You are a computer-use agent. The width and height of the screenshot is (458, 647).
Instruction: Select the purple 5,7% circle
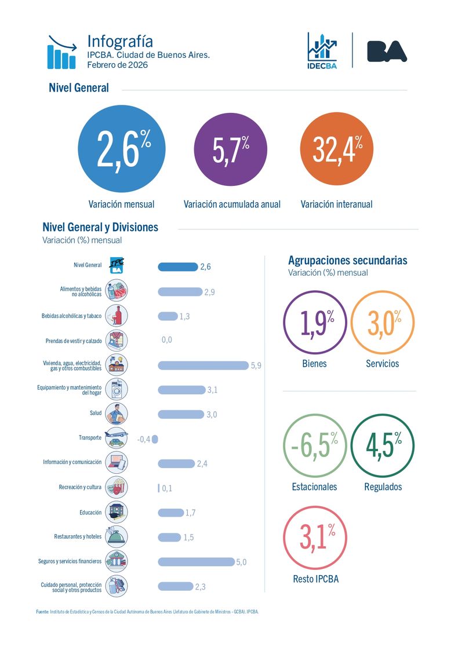(230, 149)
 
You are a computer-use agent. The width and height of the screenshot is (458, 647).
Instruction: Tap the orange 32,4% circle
(337, 149)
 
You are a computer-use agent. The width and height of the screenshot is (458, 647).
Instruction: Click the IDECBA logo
(322, 50)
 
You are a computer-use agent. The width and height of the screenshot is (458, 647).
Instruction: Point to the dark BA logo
(387, 51)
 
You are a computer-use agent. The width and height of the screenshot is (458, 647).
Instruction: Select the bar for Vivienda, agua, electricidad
(203, 365)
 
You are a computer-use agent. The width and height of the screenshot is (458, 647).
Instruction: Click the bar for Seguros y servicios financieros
(195, 561)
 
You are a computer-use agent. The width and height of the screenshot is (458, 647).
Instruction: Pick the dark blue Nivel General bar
(177, 266)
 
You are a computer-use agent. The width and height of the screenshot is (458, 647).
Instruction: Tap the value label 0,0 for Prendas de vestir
(166, 340)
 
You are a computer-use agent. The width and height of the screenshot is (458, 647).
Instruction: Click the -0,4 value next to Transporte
(143, 439)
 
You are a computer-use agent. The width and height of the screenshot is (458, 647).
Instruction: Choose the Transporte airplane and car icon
(117, 438)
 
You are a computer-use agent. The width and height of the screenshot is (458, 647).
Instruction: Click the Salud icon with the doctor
(117, 414)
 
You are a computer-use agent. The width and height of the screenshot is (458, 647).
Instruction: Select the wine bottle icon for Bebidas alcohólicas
(117, 315)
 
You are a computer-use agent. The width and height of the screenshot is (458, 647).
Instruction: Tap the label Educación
(90, 513)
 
